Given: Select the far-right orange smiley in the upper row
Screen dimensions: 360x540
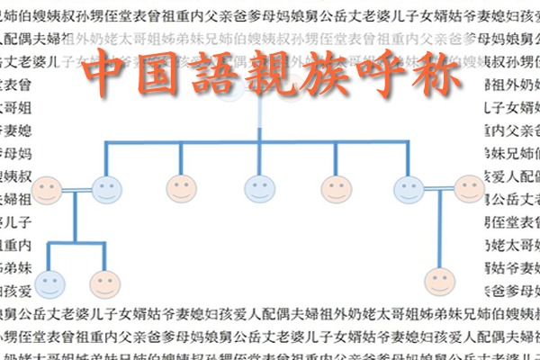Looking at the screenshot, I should [469, 188].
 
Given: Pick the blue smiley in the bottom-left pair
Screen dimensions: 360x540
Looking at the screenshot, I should [49, 283].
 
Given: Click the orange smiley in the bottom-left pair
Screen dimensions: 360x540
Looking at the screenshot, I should [105, 283].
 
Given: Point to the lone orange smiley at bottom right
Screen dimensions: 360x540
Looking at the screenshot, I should [439, 280].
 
